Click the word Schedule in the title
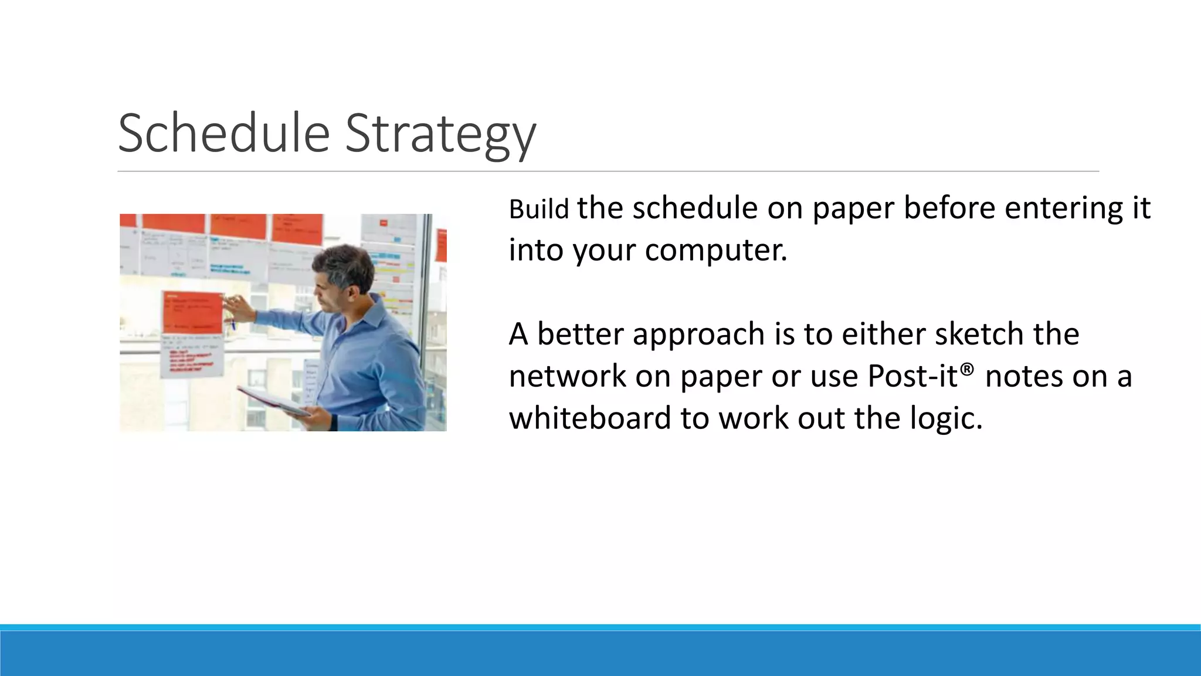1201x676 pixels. [223, 133]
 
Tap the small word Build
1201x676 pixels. [538, 209]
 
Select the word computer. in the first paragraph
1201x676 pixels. [716, 250]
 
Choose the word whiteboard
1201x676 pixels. [589, 418]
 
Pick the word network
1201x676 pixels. [567, 376]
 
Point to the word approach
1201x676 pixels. [698, 334]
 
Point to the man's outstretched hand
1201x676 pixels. [238, 306]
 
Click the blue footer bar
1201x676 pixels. [600, 653]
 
